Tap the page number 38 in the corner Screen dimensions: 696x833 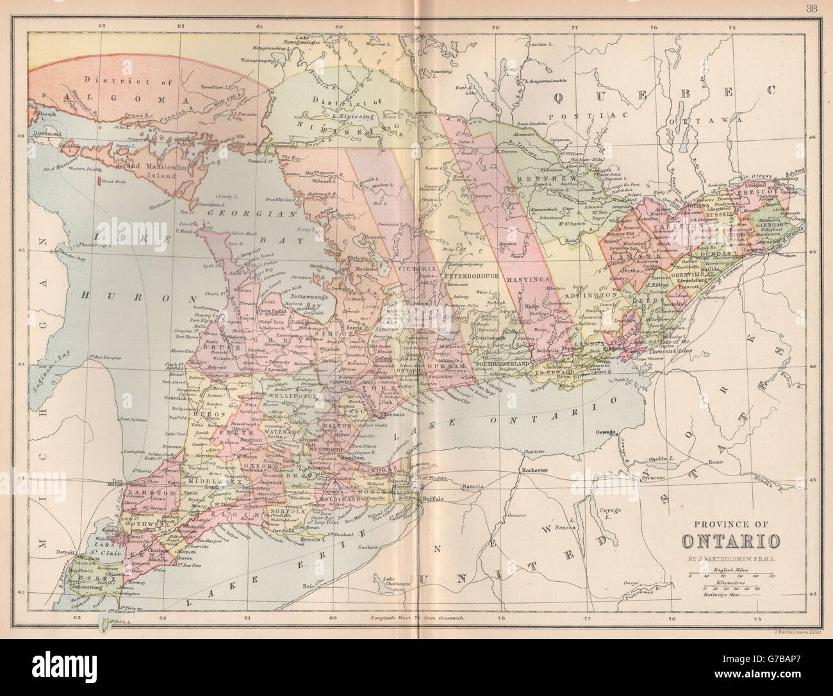click(x=812, y=8)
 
